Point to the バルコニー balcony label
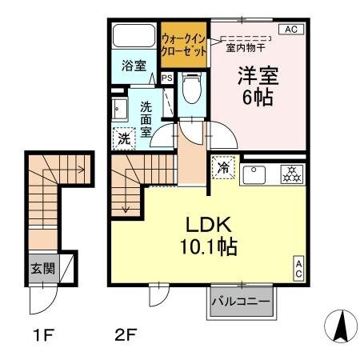(240, 303)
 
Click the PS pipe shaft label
(167, 78)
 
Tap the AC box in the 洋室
(290, 30)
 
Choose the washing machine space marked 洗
(125, 138)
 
